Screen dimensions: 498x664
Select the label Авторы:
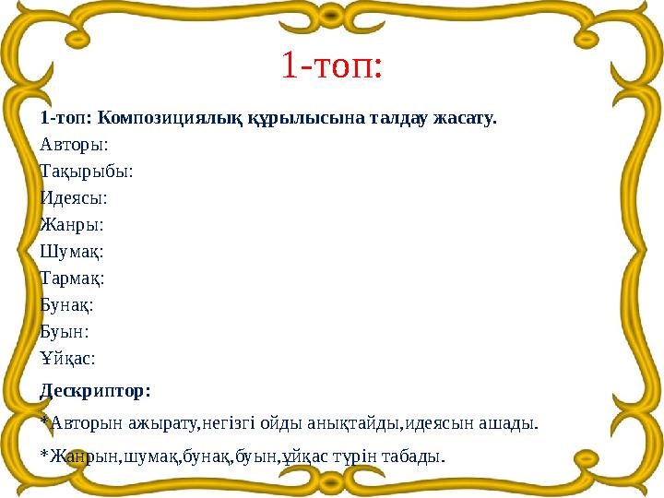[74, 144]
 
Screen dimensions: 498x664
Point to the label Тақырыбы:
[87, 171]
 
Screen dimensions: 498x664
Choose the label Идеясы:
[74, 197]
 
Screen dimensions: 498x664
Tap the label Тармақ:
[73, 277]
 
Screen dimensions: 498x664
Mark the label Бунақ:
[68, 303]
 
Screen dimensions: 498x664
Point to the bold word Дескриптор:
[95, 390]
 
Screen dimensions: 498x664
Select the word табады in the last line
[417, 456]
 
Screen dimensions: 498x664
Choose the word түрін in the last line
[362, 456]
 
